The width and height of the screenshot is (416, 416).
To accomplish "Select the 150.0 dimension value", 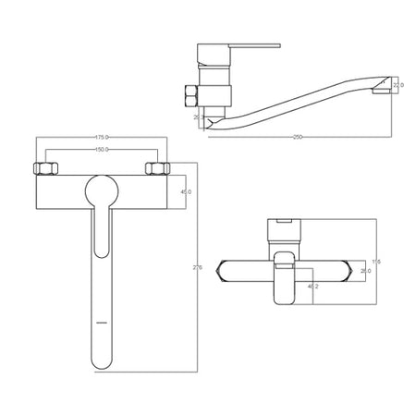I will coord(101,149).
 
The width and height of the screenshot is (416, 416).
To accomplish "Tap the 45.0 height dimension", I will coord(186,192).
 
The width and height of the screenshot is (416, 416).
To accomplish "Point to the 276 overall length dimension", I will coord(196,267).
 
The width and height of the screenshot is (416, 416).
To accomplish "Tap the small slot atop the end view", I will coord(283,222).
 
